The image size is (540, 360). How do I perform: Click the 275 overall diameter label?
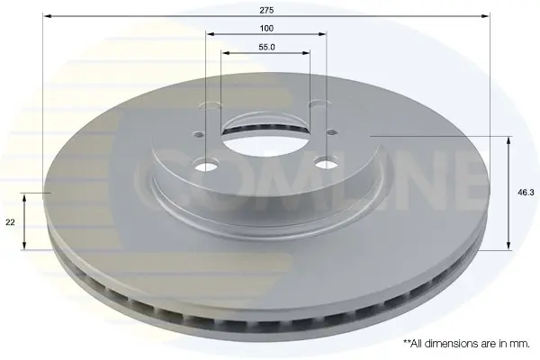pos(266,10)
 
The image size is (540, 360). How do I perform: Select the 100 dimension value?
pos(266,28)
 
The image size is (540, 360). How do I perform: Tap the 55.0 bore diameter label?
pos(266,47)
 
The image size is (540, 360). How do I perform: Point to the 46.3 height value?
pos(526,193)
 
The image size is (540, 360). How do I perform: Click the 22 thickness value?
pos(10,222)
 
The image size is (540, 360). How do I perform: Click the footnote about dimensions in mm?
pos(466,344)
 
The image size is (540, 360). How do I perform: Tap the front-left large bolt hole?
pos(207,166)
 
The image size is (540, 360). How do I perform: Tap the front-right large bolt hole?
pos(326,163)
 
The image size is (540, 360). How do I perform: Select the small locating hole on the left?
pos(199,134)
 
